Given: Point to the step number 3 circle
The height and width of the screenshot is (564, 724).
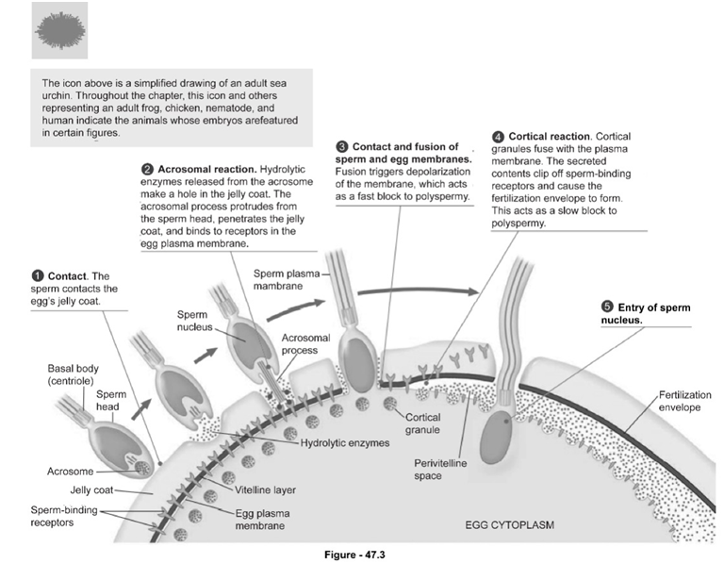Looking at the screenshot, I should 342,147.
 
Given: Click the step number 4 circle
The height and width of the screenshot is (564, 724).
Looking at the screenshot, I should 498,140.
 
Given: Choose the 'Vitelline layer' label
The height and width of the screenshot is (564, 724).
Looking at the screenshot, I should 260,489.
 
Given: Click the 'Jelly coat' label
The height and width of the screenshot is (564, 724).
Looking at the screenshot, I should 92,489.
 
